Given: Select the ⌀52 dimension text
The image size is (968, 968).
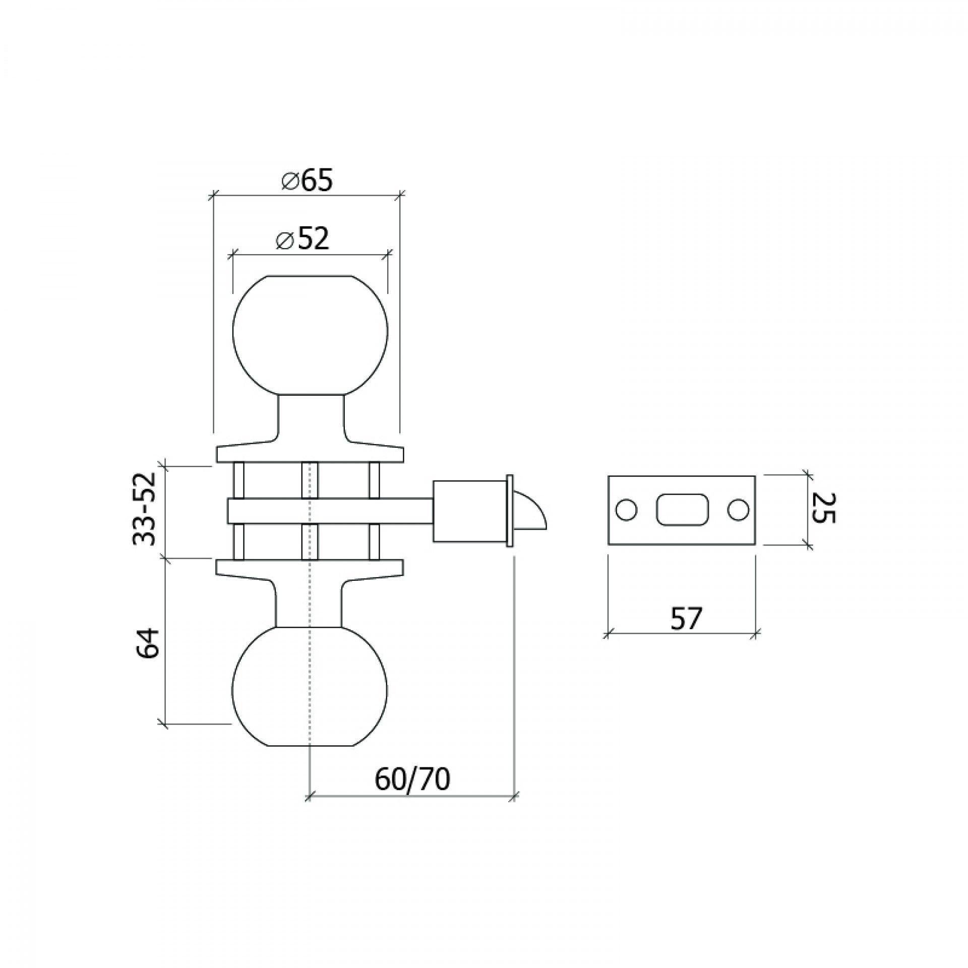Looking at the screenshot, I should pyautogui.click(x=302, y=239).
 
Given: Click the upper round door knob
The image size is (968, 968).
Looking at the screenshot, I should pyautogui.click(x=310, y=333).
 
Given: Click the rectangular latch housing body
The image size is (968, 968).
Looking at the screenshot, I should pyautogui.click(x=469, y=511).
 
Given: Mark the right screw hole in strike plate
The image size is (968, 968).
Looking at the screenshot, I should pyautogui.click(x=737, y=510).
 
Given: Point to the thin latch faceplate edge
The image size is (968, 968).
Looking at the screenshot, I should pyautogui.click(x=510, y=510).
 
